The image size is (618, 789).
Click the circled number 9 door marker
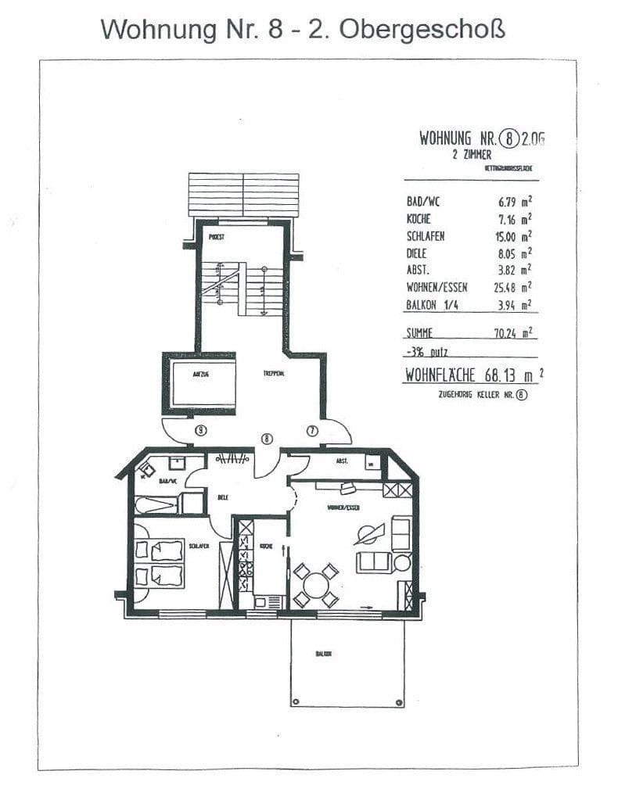[x=202, y=429]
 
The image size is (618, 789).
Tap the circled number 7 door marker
[x=311, y=429]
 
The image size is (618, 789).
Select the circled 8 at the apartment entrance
[x=267, y=439]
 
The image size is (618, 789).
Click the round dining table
[x=317, y=585]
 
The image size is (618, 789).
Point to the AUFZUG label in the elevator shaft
[x=200, y=375]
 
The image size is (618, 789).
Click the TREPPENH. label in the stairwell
[x=273, y=375]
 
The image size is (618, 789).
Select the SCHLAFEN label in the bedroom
[x=197, y=546]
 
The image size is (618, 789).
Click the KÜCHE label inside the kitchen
[x=265, y=546]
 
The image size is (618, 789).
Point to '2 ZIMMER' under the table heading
[x=472, y=156]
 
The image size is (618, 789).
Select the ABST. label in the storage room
[x=342, y=461]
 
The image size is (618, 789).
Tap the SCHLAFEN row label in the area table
[x=425, y=236]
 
